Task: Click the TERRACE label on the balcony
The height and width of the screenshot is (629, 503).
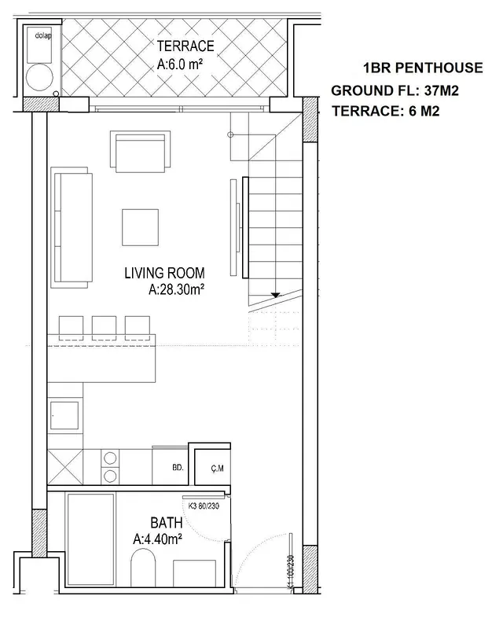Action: point(185,46)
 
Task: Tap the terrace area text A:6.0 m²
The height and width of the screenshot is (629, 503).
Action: point(179,64)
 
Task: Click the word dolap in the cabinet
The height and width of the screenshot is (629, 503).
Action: point(43,35)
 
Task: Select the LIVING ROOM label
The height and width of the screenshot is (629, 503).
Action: point(164,273)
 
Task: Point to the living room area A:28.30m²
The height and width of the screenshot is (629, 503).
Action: point(177,289)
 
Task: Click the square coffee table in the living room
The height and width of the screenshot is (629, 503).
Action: point(141,227)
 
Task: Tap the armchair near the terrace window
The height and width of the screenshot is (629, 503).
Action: point(141,152)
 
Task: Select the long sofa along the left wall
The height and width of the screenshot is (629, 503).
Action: point(72,227)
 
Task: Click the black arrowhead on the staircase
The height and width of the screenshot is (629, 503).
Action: point(275,295)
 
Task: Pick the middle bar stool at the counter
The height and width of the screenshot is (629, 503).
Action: point(105,328)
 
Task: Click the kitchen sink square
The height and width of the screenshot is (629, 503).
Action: point(64,416)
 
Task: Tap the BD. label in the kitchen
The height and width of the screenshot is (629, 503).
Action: point(178,467)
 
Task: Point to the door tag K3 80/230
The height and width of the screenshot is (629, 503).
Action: point(204,506)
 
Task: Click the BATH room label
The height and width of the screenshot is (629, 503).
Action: point(167,523)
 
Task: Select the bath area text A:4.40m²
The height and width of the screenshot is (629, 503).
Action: point(158,539)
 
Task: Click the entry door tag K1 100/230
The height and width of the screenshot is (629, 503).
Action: point(291,572)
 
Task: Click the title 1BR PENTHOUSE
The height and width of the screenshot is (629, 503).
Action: point(423,68)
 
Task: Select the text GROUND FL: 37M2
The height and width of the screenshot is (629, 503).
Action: point(395,90)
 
